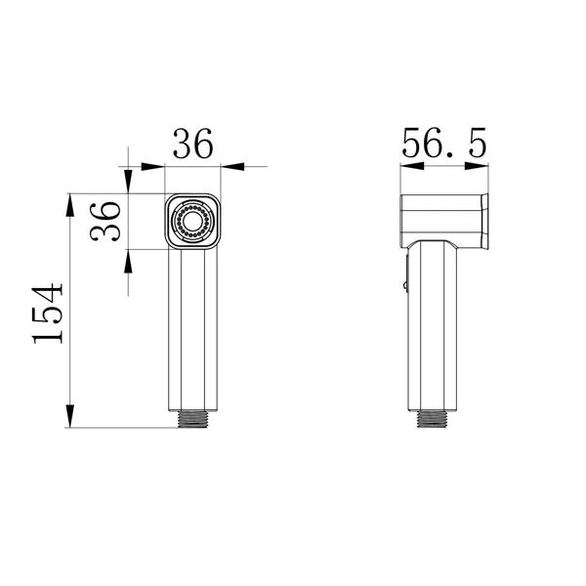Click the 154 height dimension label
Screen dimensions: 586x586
tap(48, 314)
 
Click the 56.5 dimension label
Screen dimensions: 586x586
tap(444, 143)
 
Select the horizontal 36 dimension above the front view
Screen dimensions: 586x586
tap(192, 144)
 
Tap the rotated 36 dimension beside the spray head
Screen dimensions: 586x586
tap(105, 222)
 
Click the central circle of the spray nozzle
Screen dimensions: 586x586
tap(192, 222)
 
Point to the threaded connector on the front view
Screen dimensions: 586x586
tap(192, 419)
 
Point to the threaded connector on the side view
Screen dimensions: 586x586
tap(432, 419)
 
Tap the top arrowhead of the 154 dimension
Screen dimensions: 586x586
tap(70, 205)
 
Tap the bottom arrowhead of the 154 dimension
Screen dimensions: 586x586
tap(70, 416)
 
